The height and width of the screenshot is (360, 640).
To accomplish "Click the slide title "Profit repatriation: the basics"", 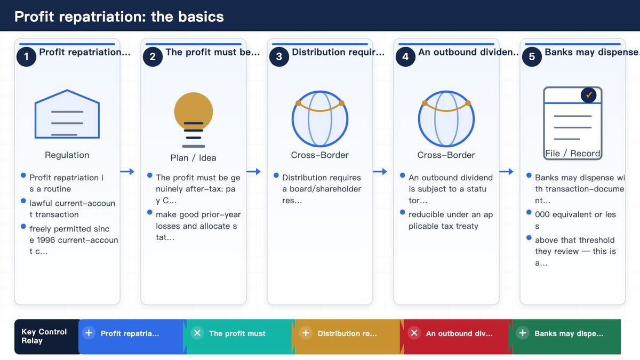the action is [119, 17].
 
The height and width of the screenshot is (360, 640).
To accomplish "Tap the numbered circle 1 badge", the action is [26, 57].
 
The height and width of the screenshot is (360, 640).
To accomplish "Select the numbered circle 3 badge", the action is [279, 57].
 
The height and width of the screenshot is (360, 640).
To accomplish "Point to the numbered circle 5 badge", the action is [532, 57].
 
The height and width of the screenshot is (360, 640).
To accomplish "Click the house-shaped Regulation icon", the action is [67, 114].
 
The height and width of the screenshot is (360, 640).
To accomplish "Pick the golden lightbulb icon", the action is [194, 120].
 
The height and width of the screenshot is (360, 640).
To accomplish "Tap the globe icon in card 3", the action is [319, 119].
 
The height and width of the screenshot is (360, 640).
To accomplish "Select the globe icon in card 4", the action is [446, 119].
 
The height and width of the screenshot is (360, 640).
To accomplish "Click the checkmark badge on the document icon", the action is [588, 95].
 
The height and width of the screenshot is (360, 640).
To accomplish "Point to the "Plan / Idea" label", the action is [193, 158].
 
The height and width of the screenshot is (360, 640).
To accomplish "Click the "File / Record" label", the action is [572, 154].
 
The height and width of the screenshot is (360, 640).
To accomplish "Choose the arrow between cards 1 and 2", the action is [127, 171].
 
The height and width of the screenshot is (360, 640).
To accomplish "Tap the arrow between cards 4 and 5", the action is [506, 171].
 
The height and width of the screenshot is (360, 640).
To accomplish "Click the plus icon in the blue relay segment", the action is [89, 333].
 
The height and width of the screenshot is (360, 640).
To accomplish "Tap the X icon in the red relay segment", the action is [414, 333].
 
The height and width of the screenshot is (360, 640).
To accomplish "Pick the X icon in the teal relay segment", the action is [197, 333].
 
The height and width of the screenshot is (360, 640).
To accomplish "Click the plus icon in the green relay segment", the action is [523, 333].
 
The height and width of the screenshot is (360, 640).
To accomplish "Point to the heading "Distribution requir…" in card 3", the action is [338, 52].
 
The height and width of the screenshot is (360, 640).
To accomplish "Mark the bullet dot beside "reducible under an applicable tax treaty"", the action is [403, 212].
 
